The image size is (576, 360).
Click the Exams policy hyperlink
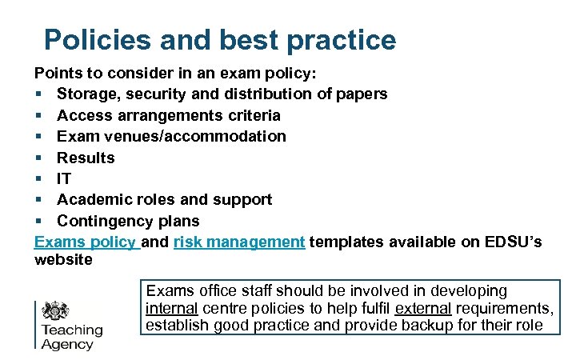(x=86, y=242)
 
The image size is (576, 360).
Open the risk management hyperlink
(x=238, y=242)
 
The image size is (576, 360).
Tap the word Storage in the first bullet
(x=90, y=94)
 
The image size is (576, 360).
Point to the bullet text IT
(x=64, y=178)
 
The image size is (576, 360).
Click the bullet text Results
(x=86, y=158)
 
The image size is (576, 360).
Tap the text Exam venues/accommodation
(x=171, y=136)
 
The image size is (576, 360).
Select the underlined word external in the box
(x=422, y=309)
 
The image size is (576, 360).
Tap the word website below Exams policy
(x=63, y=260)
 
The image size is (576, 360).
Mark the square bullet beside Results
(x=39, y=158)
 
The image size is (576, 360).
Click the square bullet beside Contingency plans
(x=39, y=222)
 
